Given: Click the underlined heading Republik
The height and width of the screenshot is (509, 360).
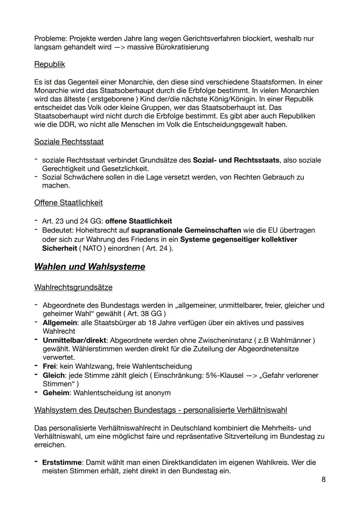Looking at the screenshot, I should [x=49, y=64].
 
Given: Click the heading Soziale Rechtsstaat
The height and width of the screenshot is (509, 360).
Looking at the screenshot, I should [x=69, y=142].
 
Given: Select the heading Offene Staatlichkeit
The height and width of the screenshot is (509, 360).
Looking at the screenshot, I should [x=68, y=203].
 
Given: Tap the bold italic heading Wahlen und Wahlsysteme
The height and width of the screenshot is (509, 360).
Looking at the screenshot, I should [x=90, y=267].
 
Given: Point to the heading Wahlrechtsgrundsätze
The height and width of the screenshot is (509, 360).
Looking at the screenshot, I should [x=73, y=287].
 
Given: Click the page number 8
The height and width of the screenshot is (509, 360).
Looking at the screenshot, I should [x=323, y=479].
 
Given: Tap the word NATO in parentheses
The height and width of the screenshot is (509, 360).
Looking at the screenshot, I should [x=92, y=248].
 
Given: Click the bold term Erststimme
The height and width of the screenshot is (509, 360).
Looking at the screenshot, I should [x=62, y=462].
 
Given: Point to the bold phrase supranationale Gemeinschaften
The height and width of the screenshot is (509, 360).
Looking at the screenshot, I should [x=186, y=230].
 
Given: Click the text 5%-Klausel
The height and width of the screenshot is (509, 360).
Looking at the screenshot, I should [x=225, y=375].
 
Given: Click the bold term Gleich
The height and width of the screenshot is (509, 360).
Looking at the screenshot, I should [x=54, y=375].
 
